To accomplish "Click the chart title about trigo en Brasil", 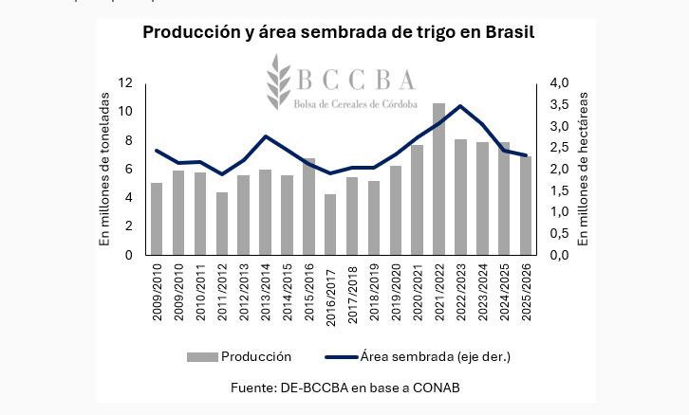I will coord(339,32).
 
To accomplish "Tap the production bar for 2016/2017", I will coord(330,224).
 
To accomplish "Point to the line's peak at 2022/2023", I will coord(460,106).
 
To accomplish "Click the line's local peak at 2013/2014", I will coord(265,136).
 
